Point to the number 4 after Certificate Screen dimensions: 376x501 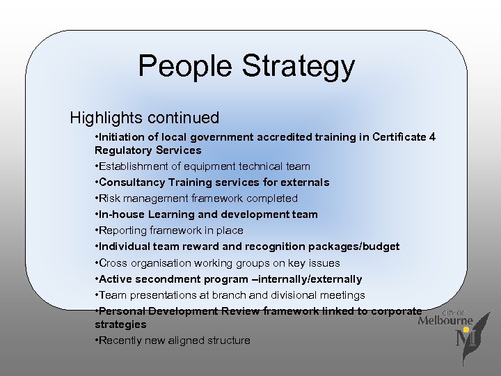432,136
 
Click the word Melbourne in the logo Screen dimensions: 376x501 445,322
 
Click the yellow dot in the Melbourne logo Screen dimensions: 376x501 466,330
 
